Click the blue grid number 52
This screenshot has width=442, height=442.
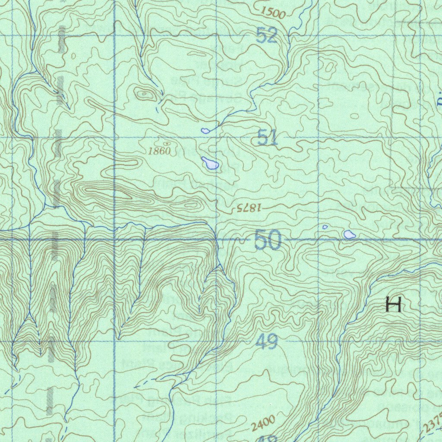coord(266,35)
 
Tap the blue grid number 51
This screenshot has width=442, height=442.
coord(267,138)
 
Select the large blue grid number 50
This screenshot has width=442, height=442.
coord(268,240)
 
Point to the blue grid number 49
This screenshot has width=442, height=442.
coord(266,343)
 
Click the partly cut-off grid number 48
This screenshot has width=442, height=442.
coord(268,438)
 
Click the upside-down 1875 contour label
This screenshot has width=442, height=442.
coord(249,208)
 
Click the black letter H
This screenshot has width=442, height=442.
coord(394,305)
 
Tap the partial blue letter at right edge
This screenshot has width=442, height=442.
coord(439,102)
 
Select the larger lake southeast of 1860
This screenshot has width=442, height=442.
coord(210,163)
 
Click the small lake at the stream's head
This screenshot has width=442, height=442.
coord(205,130)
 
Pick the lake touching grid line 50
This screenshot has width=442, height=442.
coord(349,235)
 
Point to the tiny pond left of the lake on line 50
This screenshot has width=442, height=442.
coord(325,227)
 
